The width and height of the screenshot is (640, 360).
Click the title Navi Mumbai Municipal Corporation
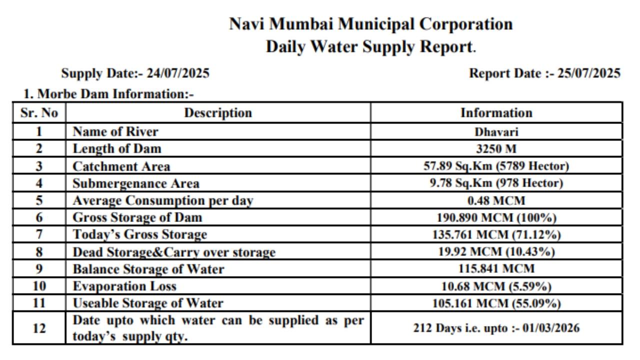[x=370, y=24]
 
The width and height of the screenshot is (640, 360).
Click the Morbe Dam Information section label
[x=108, y=93]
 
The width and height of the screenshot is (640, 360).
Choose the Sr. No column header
[x=39, y=113]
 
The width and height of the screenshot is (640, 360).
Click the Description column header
[x=218, y=113]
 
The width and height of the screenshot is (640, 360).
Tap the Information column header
[x=496, y=113]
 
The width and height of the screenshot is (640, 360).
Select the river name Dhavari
[x=496, y=132]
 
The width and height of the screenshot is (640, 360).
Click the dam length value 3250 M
[x=496, y=148]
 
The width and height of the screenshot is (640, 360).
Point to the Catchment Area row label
[x=121, y=166]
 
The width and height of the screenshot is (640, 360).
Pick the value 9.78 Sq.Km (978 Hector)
[x=496, y=183]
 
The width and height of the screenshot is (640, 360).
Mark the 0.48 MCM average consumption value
[x=496, y=200]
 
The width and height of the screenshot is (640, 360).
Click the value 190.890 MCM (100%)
[x=496, y=217]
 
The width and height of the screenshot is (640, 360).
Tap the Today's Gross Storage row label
[x=139, y=234]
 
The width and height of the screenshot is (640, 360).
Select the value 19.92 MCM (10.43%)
[x=496, y=251]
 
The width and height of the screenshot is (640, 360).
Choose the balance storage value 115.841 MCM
[x=496, y=268]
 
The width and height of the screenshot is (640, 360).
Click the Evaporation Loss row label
[x=124, y=286]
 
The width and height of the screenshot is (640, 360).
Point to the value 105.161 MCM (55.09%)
[x=496, y=303]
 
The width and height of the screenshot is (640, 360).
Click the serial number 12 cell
[x=39, y=328]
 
